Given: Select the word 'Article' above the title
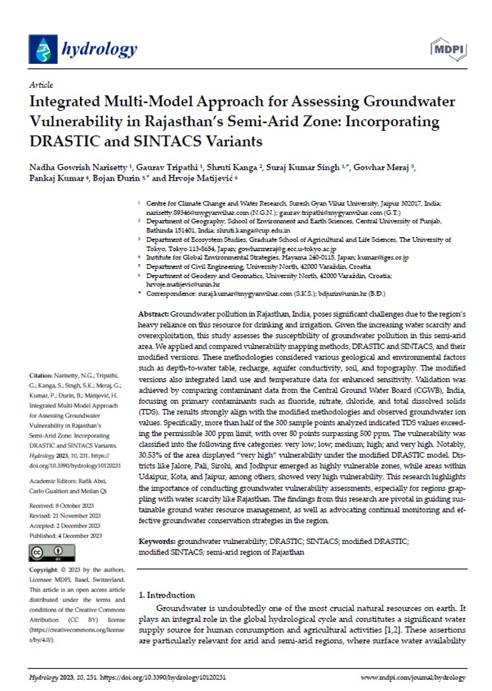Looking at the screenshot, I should coord(41,85).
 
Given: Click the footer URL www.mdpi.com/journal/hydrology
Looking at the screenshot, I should coord(413,677).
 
